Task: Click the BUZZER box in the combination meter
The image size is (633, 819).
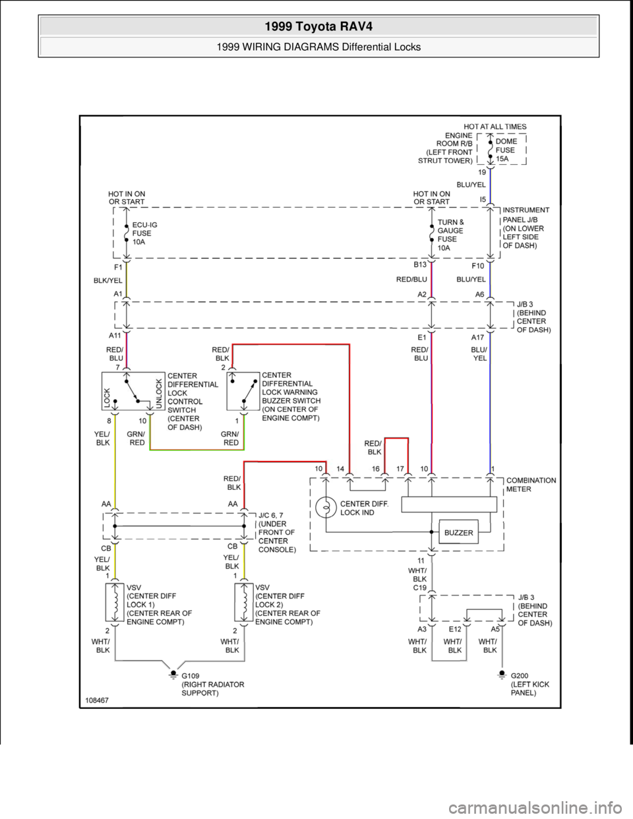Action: (x=458, y=533)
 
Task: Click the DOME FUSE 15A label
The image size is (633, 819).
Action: (x=506, y=150)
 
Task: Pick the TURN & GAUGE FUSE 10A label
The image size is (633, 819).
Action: (x=450, y=235)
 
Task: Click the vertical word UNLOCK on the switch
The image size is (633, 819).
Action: (x=158, y=394)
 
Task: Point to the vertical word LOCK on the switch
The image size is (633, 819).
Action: (x=107, y=398)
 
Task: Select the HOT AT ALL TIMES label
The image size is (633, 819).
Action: (x=495, y=127)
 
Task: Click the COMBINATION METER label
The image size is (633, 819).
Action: (x=531, y=485)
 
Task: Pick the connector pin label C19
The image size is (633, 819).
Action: (x=419, y=587)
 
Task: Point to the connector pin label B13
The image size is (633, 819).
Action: (x=420, y=264)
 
